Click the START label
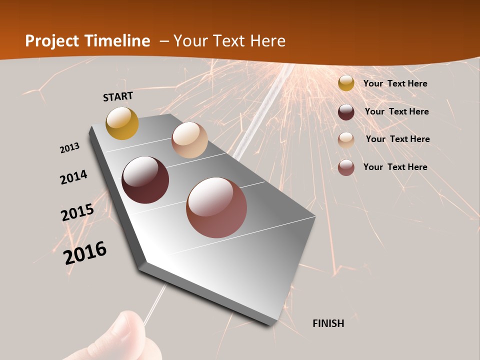[118, 96]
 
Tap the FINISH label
[328, 323]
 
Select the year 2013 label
[69, 148]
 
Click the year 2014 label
[73, 177]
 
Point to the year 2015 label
[77, 212]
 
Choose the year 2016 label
[85, 252]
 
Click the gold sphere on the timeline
[122, 123]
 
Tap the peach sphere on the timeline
[189, 139]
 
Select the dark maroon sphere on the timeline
[145, 180]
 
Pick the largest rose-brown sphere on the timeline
[216, 207]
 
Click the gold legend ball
[346, 83]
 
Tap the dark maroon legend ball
[346, 112]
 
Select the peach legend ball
[346, 140]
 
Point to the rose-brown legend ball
[346, 167]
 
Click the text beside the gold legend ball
[395, 83]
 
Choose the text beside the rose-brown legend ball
[395, 167]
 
